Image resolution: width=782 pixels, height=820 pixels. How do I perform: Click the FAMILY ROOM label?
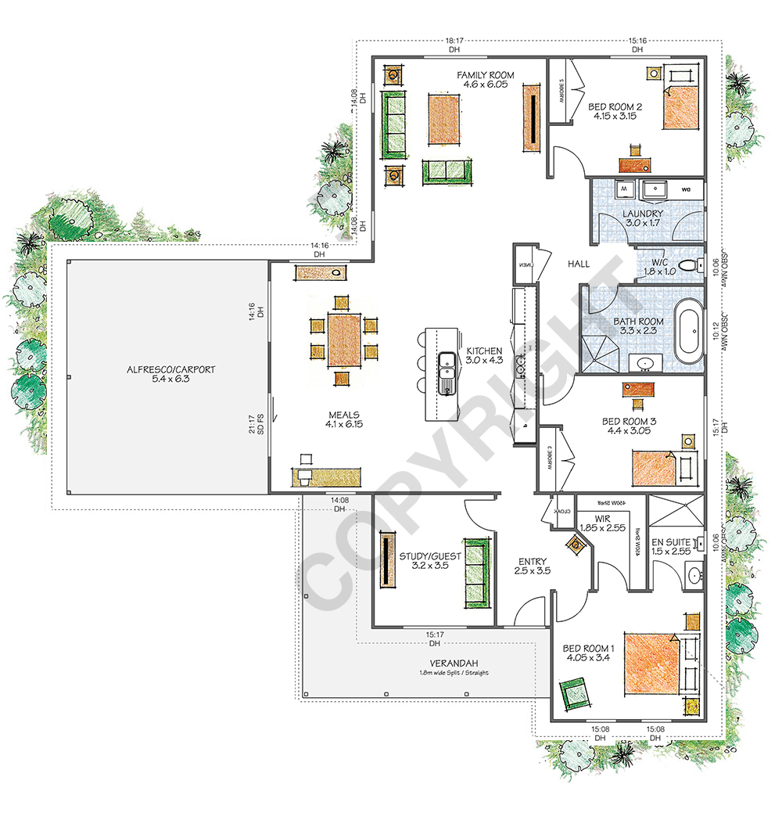click(486, 75)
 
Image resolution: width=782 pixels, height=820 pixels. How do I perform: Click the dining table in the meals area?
click(344, 340)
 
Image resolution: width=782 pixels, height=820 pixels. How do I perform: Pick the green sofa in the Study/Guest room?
click(476, 573)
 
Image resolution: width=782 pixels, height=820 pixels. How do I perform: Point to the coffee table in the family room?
click(443, 120)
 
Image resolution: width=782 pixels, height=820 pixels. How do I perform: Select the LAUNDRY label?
click(643, 214)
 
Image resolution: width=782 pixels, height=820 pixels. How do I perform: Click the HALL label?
click(579, 264)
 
